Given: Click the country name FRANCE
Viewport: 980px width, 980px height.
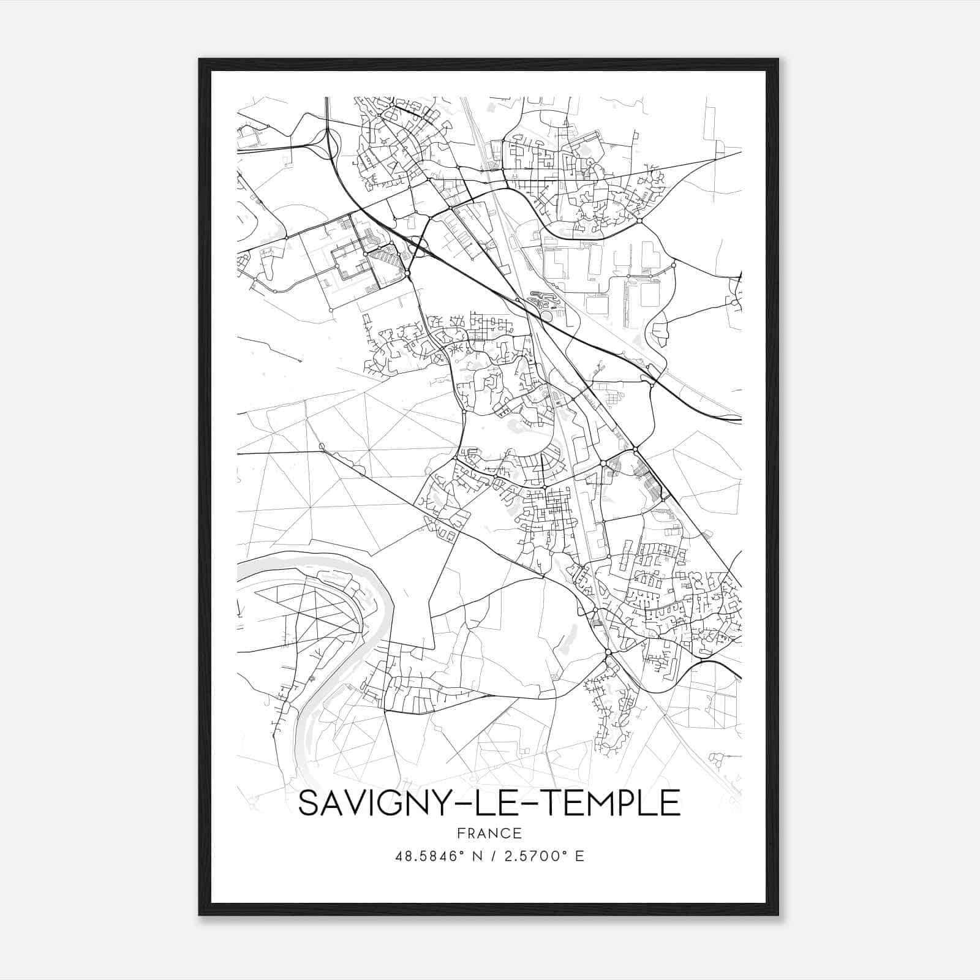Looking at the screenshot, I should (x=489, y=833).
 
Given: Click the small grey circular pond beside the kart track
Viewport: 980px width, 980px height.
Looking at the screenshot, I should (x=546, y=315).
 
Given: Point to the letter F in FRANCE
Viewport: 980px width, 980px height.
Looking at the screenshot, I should (x=460, y=833).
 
